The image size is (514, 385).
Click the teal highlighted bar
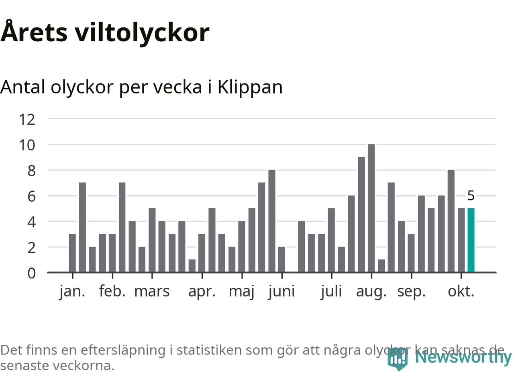pos(471,240)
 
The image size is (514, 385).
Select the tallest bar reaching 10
pos(371,208)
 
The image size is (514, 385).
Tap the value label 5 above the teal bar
pos(471,196)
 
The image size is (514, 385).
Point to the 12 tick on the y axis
pos(27,119)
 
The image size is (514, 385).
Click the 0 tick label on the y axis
pos(31,273)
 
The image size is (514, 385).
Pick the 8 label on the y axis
pos(31,170)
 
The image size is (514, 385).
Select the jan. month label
pos(72,291)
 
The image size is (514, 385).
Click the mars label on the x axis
pos(152,291)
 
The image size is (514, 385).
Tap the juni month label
pos(281,291)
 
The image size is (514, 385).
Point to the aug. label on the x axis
pos(371,291)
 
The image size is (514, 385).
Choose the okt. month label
pos(461,291)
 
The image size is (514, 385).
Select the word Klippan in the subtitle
pos(250,87)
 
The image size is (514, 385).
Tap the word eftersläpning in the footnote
pos(123,350)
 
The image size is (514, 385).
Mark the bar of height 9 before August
pos(361,215)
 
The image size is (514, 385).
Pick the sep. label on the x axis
pos(411,291)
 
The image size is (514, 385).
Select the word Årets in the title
pos(34,32)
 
